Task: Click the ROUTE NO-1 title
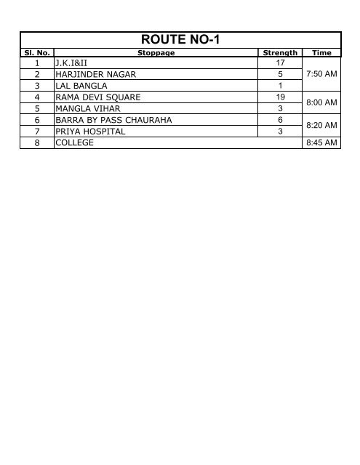pyautogui.click(x=180, y=41)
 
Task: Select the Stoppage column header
pyautogui.click(x=156, y=53)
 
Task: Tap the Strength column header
pyautogui.click(x=280, y=53)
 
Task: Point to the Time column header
pyautogui.click(x=321, y=53)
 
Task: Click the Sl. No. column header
pyautogui.click(x=36, y=53)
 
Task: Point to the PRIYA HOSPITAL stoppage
pyautogui.click(x=84, y=132)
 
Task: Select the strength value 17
pyautogui.click(x=280, y=63)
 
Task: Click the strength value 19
pyautogui.click(x=280, y=97)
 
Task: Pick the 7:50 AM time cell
pyautogui.click(x=321, y=74)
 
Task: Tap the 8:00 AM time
pyautogui.click(x=321, y=102)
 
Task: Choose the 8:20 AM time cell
pyautogui.click(x=321, y=126)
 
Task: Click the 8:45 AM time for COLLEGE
pyautogui.click(x=321, y=143)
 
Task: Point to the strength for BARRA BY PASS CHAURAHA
pyautogui.click(x=280, y=120)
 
